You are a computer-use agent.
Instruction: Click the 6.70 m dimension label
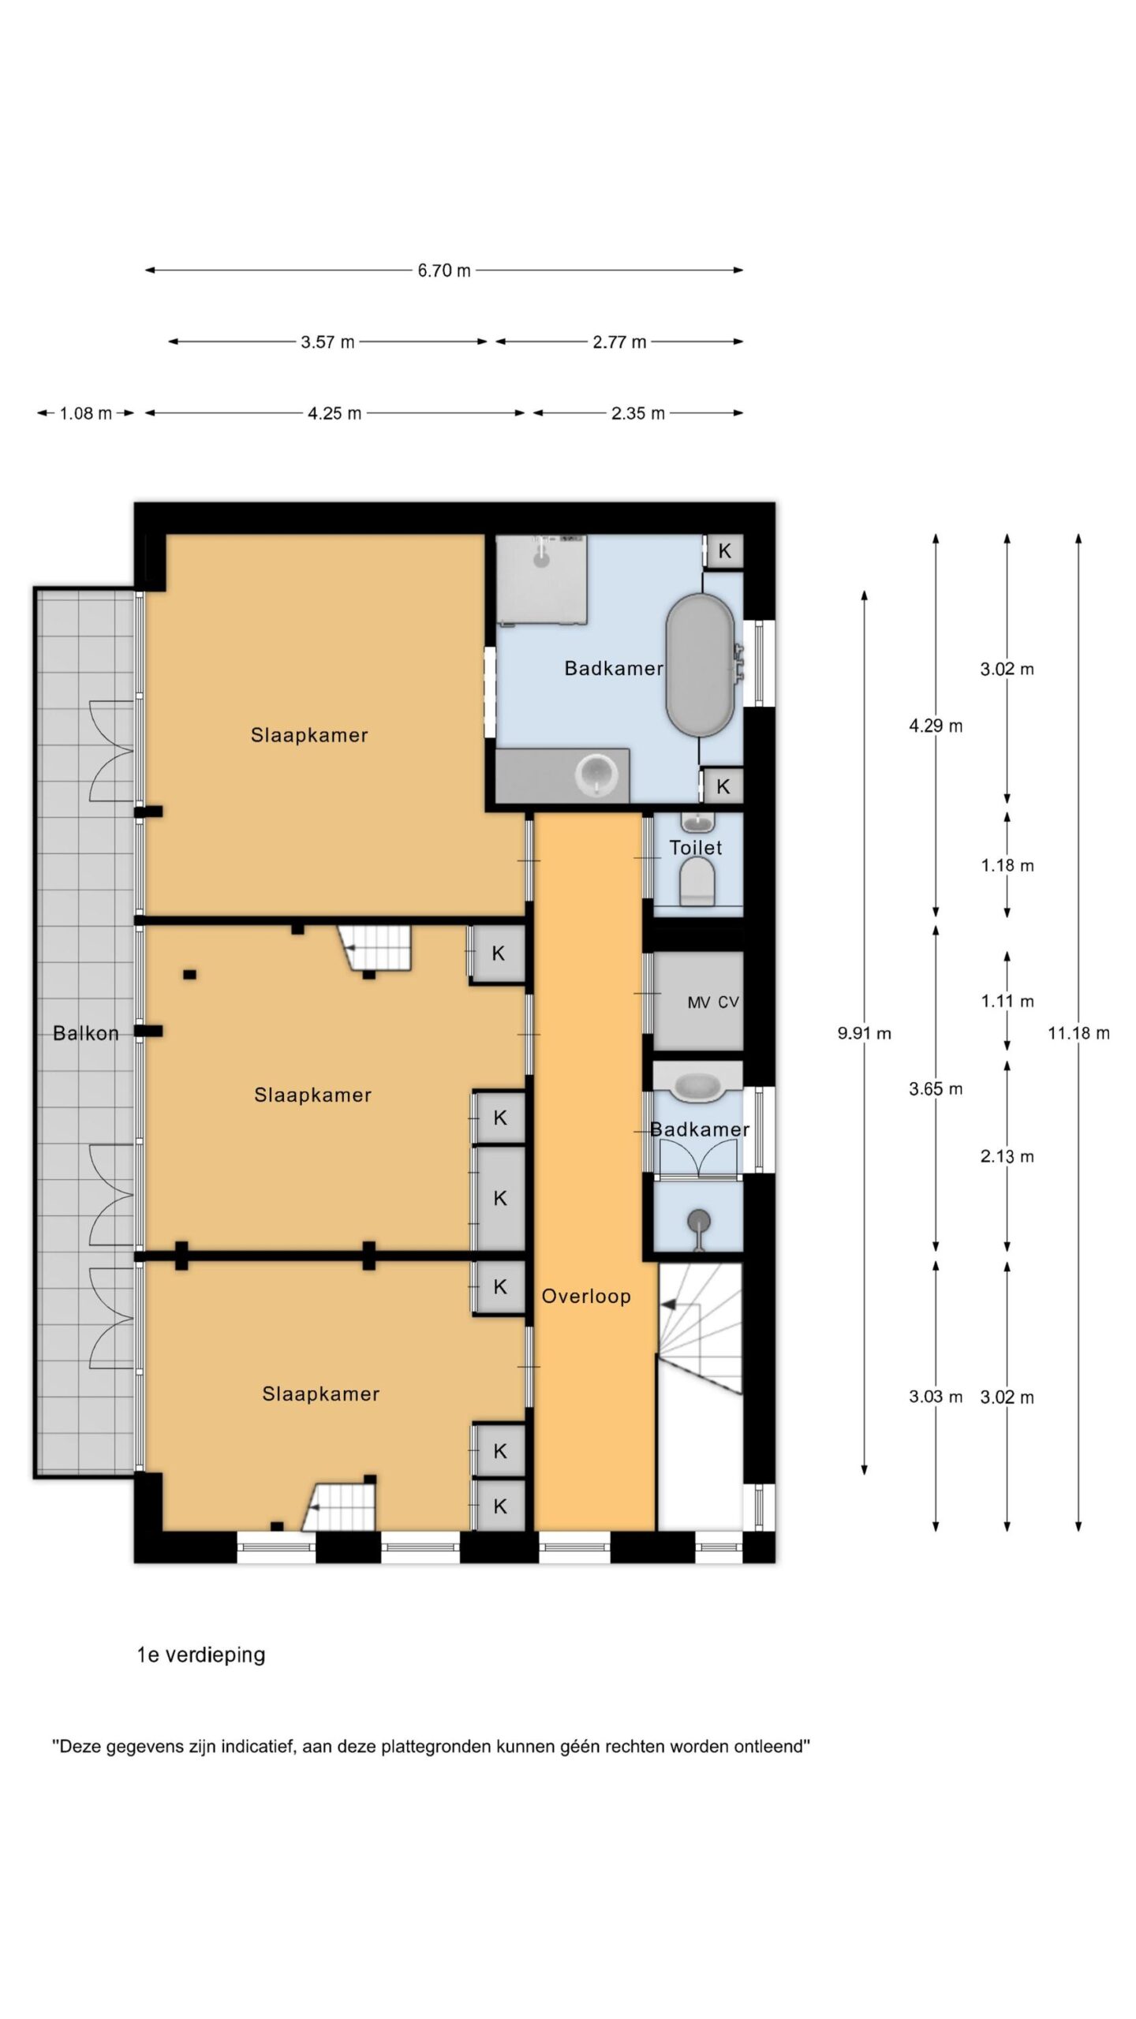point(444,271)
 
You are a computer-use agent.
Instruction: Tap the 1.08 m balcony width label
point(86,413)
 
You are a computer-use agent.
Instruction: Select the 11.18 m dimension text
point(1078,1032)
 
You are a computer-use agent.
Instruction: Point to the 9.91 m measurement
point(865,1032)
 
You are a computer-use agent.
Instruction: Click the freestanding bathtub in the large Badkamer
point(701,666)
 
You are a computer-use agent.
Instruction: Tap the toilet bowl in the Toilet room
point(697,882)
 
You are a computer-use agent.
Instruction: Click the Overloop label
point(586,1296)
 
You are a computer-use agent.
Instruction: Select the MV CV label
point(713,1002)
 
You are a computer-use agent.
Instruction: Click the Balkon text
point(86,1033)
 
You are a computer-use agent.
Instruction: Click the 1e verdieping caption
point(201,1655)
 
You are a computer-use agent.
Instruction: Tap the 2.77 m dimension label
point(619,342)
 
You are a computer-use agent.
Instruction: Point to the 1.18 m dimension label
point(1007,865)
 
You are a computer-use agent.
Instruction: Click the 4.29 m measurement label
point(936,726)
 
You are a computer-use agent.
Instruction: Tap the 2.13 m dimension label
point(1007,1156)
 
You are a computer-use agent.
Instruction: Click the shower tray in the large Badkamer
point(541,580)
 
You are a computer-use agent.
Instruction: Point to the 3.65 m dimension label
point(936,1089)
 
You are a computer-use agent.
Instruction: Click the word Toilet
point(696,848)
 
